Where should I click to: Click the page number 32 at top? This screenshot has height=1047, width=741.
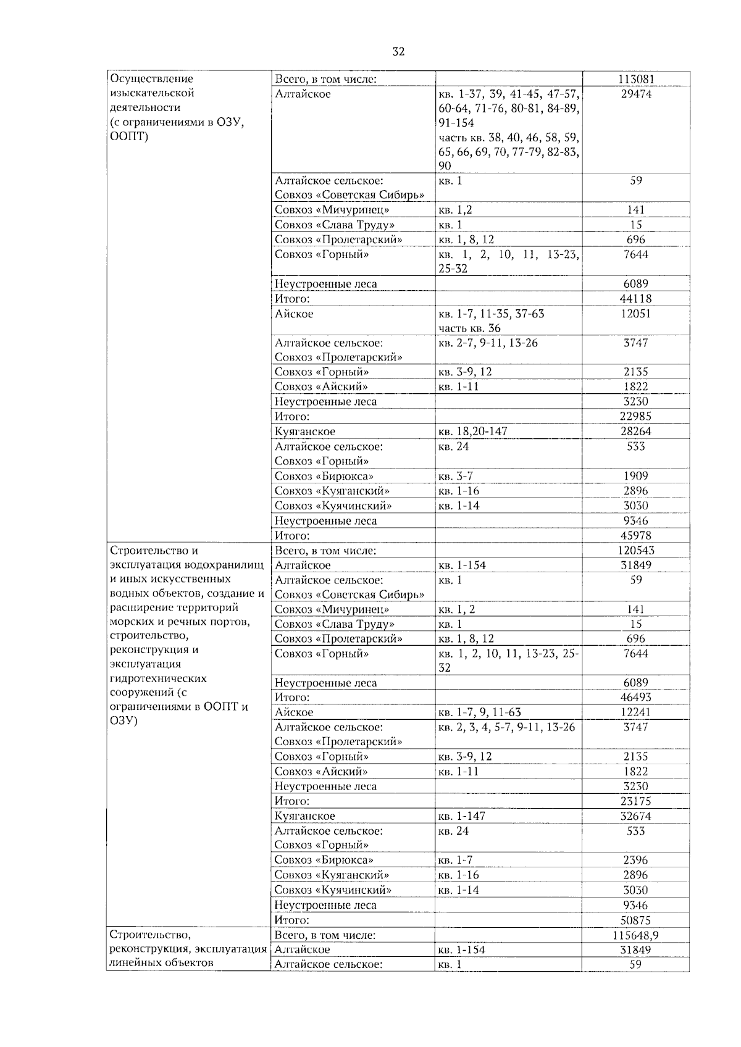click(x=398, y=52)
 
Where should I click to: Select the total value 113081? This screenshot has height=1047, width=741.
click(x=635, y=79)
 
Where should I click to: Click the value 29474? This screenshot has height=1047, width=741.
click(x=635, y=94)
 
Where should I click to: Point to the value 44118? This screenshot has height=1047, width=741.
click(x=635, y=299)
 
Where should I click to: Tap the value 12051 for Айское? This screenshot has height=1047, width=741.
click(x=635, y=314)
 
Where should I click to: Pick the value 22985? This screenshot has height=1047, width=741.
click(x=635, y=416)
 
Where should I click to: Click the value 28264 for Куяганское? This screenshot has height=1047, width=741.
click(x=635, y=432)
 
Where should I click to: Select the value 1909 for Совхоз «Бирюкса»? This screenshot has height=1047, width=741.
click(x=635, y=476)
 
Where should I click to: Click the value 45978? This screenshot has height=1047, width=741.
click(x=635, y=535)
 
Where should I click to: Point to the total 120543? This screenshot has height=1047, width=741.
click(x=635, y=550)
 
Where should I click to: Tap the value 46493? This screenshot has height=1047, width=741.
click(x=635, y=697)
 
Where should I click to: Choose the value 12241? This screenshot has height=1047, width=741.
click(x=635, y=712)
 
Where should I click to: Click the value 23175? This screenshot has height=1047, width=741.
click(x=635, y=801)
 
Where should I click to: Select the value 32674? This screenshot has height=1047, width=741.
click(x=635, y=816)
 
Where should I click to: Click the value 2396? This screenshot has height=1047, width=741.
click(x=635, y=860)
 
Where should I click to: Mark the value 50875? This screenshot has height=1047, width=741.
click(x=635, y=920)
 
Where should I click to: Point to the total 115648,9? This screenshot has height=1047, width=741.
click(x=635, y=935)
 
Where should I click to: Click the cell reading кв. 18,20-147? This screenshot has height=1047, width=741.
click(x=472, y=432)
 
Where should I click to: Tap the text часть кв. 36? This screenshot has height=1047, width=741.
click(x=469, y=328)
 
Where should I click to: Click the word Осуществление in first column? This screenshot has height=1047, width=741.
click(x=151, y=79)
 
